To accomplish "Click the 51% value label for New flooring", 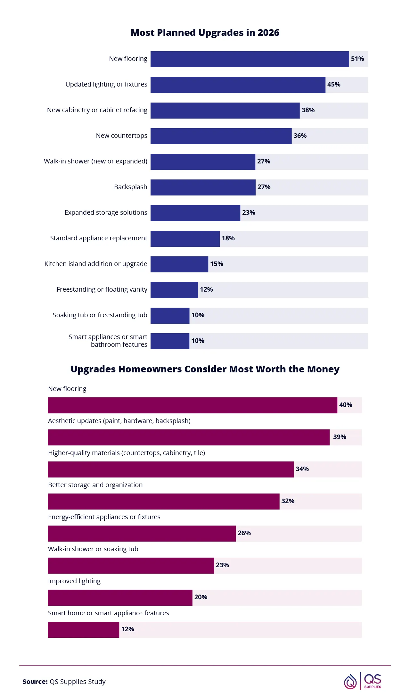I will point(357,59).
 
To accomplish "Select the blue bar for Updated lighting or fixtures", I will point(238,85).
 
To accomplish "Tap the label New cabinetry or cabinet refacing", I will point(97,110).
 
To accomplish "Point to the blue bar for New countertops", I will point(221,136).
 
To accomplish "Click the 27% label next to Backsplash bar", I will point(264,187).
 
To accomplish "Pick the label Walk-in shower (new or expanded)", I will point(95,161).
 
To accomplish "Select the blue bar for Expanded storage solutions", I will point(195,213).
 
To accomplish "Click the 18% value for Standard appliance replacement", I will point(228,238).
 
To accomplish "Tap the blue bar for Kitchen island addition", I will point(179,264).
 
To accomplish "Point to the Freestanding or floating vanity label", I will point(102,289).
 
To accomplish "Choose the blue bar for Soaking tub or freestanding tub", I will point(170,316).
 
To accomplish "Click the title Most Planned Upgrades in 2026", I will point(205,33).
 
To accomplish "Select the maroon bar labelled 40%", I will point(192,405).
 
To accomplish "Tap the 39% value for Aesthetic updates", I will point(340,437).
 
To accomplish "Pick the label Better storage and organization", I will point(95,485).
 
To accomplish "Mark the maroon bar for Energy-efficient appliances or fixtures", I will point(142,534).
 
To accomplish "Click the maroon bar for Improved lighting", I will point(120,598).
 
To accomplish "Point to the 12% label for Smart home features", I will point(127,629).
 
